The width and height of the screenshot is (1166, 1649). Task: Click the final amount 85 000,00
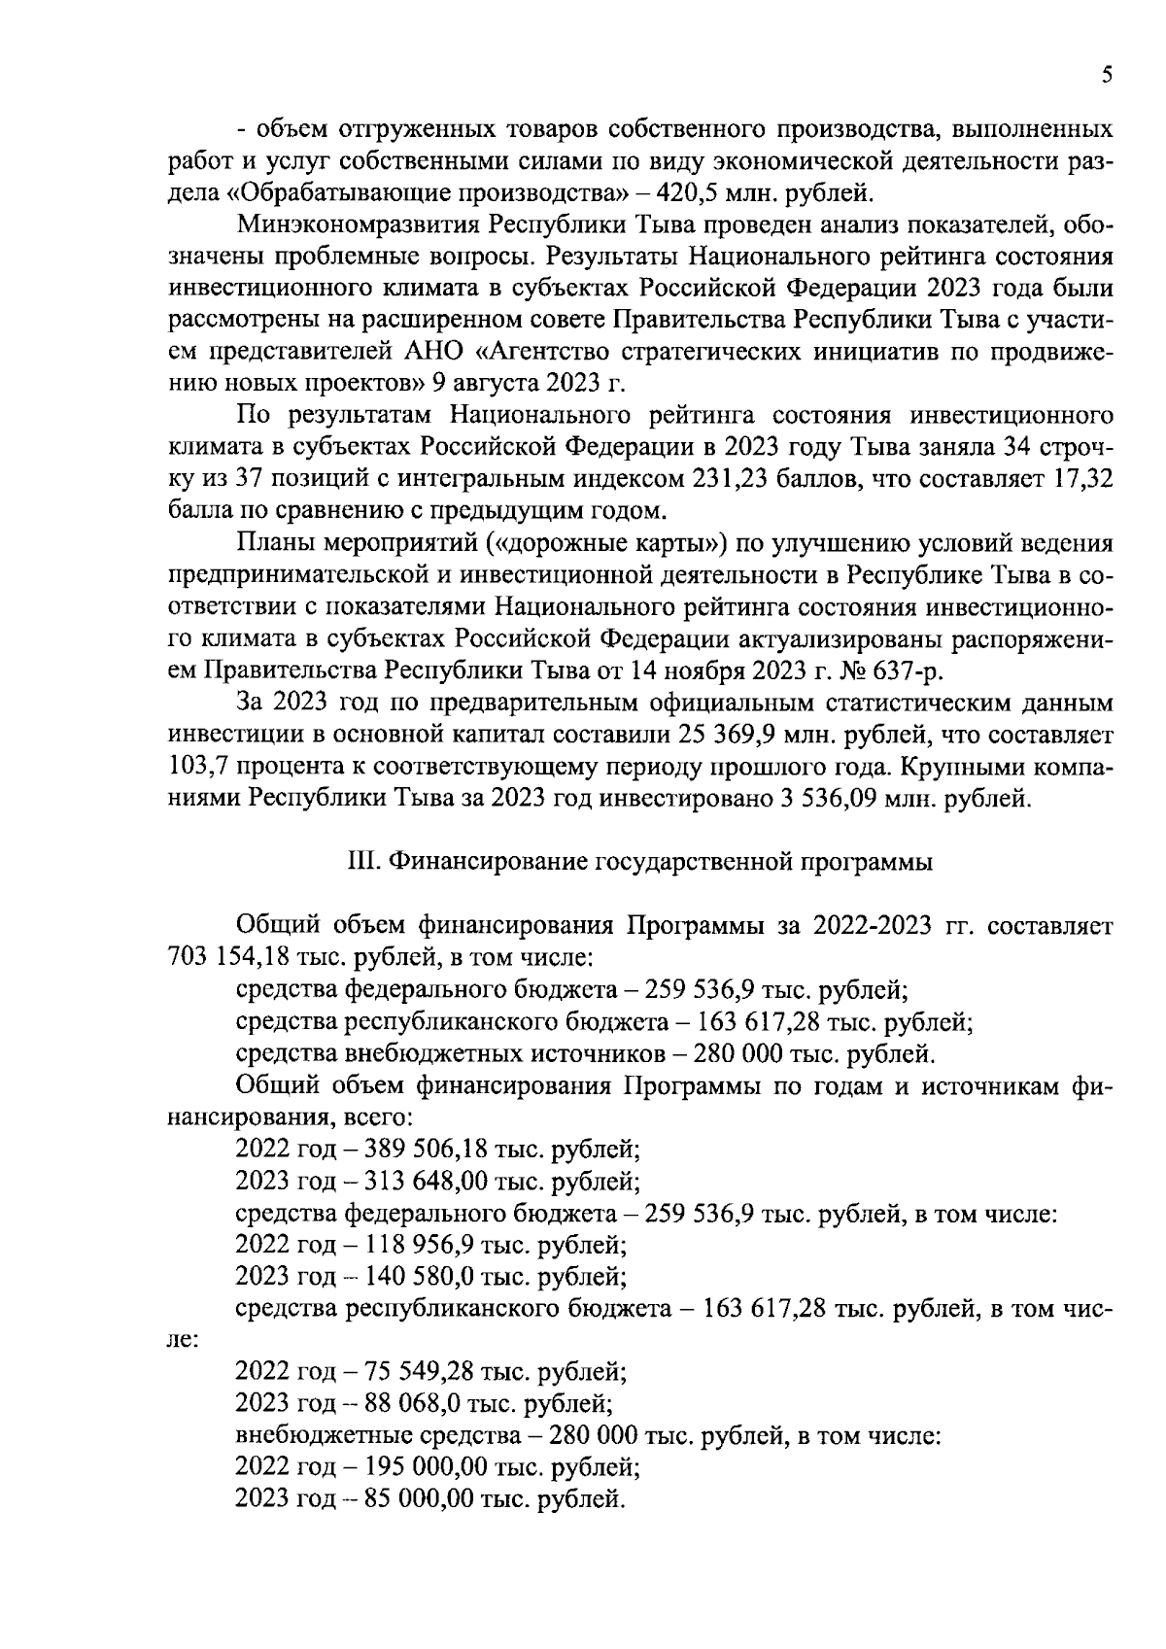[x=418, y=1497]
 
